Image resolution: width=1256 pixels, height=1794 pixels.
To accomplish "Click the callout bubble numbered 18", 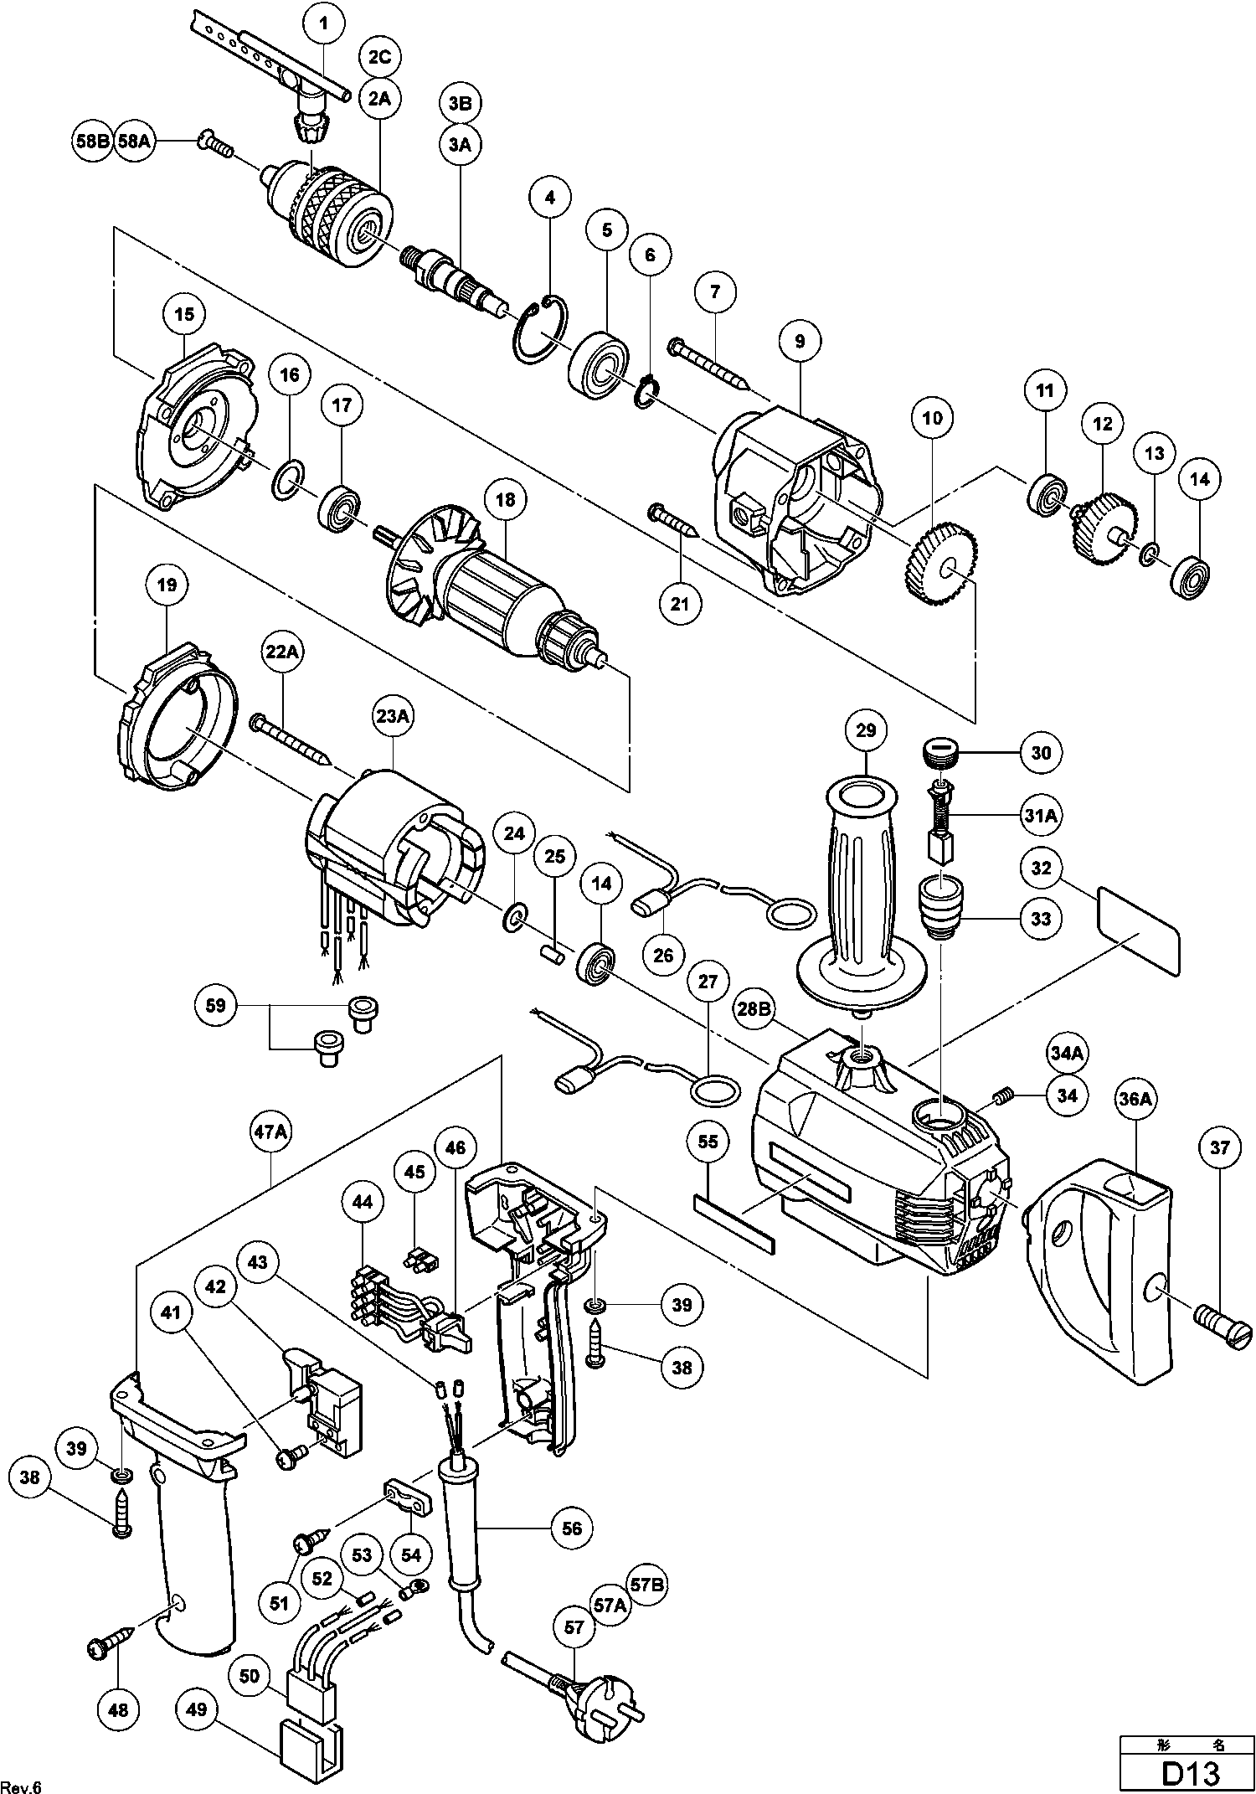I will (x=505, y=501).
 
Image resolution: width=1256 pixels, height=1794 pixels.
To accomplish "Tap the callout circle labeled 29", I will (x=866, y=730).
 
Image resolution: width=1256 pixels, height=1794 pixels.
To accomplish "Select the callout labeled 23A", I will (x=394, y=717).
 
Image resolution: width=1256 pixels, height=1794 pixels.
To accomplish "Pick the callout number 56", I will (x=572, y=1528).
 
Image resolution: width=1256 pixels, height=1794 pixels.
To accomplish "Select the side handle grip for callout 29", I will (x=862, y=888).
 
